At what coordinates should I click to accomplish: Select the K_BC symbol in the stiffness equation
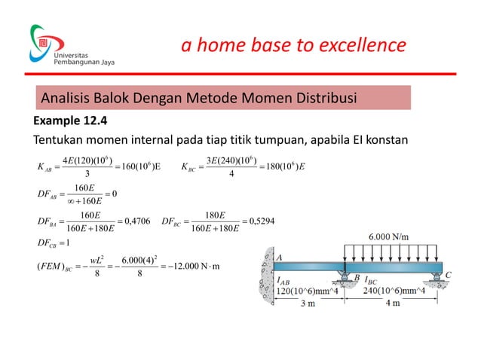point(191,167)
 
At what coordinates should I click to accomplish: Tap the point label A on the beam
point(280,258)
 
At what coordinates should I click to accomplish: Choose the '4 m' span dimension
point(392,304)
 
